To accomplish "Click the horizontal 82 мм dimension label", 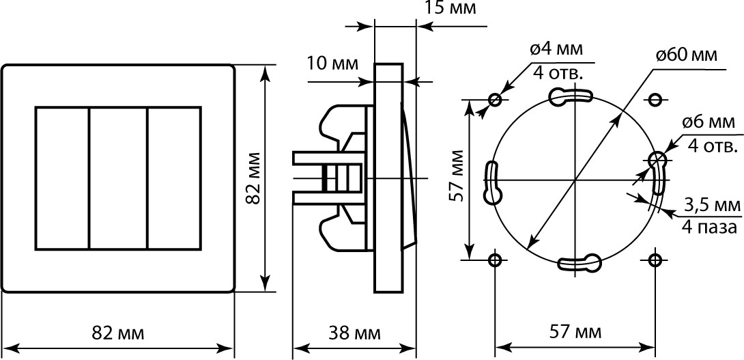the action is pyautogui.click(x=117, y=333).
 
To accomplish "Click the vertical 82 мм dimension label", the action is pyautogui.click(x=253, y=178).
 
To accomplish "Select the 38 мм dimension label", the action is pyautogui.click(x=354, y=333).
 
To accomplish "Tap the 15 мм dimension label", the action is pyautogui.click(x=449, y=8).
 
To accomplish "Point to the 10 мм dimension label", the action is pyautogui.click(x=332, y=63).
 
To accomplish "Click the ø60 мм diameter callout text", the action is pyautogui.click(x=687, y=55).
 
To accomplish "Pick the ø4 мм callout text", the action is pyautogui.click(x=557, y=49).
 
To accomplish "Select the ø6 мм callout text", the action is pyautogui.click(x=709, y=122).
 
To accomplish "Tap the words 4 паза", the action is pyautogui.click(x=709, y=227).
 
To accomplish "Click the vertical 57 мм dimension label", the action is pyautogui.click(x=457, y=176).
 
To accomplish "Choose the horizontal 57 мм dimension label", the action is pyautogui.click(x=575, y=333).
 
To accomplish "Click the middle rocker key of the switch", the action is pyautogui.click(x=118, y=178).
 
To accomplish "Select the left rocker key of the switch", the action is pyautogui.click(x=63, y=178).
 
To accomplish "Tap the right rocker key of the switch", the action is pyautogui.click(x=174, y=178).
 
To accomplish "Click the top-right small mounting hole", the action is pyautogui.click(x=655, y=99).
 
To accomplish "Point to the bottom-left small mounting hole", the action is pyautogui.click(x=495, y=260).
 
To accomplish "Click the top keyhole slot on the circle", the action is pyautogui.click(x=570, y=96).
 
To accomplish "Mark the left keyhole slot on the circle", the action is pyautogui.click(x=492, y=182).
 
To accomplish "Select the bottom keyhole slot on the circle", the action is pyautogui.click(x=580, y=262).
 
